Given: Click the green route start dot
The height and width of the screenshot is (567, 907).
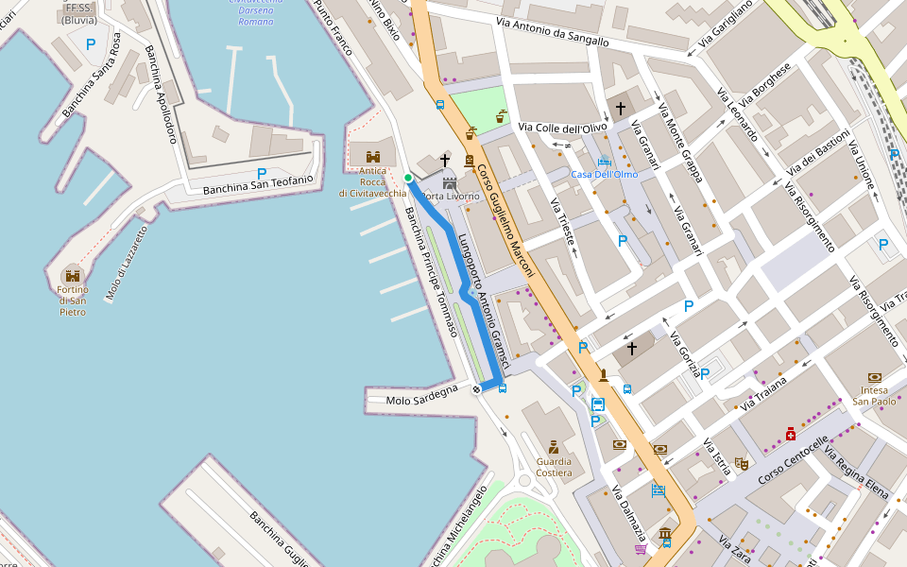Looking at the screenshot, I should [x=408, y=178].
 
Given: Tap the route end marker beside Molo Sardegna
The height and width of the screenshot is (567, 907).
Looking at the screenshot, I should [x=477, y=388].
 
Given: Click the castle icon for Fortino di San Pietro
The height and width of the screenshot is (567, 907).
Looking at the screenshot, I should [x=73, y=274].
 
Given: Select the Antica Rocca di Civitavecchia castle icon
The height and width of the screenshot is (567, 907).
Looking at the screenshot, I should [x=373, y=156].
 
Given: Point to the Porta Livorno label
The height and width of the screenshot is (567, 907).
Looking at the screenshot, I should [x=450, y=196].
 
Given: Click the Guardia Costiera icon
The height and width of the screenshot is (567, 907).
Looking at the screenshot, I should [x=554, y=446].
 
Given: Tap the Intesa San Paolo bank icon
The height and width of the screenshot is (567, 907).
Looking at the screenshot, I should [x=874, y=377].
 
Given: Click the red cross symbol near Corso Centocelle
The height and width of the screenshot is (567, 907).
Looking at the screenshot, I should [x=790, y=434].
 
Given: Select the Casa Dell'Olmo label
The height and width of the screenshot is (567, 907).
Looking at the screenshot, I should [x=604, y=174].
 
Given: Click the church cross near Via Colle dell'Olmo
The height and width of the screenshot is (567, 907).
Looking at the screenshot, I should [x=621, y=109].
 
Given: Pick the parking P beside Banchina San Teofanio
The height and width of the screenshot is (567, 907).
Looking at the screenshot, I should [x=262, y=173].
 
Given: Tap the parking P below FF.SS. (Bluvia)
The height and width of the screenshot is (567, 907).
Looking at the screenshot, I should [x=91, y=43].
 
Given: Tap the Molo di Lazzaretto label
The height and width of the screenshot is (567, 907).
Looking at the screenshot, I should [x=127, y=264].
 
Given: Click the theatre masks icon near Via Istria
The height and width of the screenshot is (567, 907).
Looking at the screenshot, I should [x=742, y=464].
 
